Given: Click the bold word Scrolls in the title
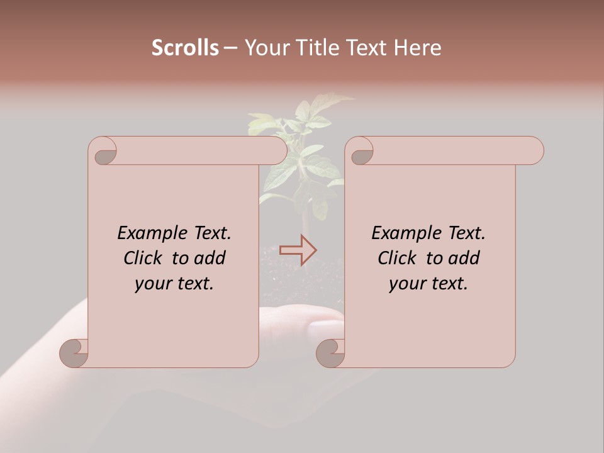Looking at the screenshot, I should [185, 48].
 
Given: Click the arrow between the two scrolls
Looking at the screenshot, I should [298, 250].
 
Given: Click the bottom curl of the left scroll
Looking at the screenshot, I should [74, 352].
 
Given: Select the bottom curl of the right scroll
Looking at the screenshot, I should [330, 352].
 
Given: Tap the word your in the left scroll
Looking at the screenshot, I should [153, 284].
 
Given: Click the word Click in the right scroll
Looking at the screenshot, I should [397, 259].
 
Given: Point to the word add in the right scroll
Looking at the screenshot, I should [465, 259].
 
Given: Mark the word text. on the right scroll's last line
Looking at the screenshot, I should [447, 284].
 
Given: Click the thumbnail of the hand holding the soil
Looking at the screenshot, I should [302, 327].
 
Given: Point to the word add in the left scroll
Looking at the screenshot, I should [211, 259].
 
